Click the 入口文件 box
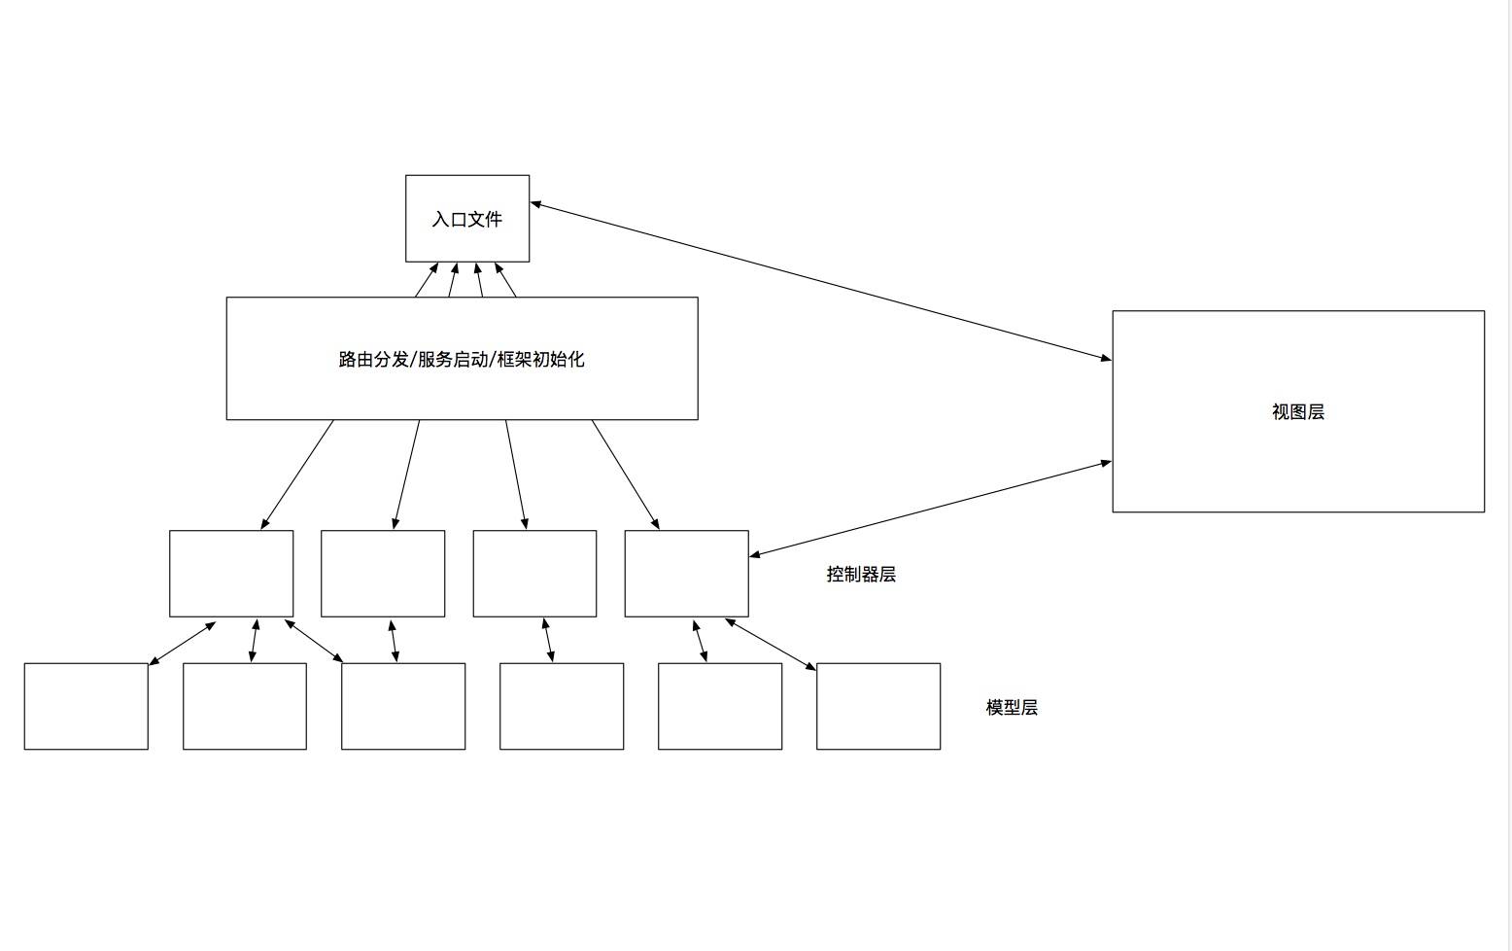tap(467, 219)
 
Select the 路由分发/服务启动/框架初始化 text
tap(462, 360)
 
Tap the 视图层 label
tap(1298, 412)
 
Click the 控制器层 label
tap(861, 575)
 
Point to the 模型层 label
tap(1012, 708)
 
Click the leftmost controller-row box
tap(231, 574)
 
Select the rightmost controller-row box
tap(686, 574)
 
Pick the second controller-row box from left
tap(383, 574)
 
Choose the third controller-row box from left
tap(534, 574)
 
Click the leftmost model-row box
tap(86, 707)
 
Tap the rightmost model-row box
tap(878, 707)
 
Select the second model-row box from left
tap(245, 707)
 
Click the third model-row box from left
tap(403, 707)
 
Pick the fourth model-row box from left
tap(562, 707)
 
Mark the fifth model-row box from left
tap(720, 707)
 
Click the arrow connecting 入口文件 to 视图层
tap(821, 281)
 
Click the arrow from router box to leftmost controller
tap(297, 475)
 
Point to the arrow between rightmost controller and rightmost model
tap(771, 645)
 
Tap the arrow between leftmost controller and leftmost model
tap(182, 644)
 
